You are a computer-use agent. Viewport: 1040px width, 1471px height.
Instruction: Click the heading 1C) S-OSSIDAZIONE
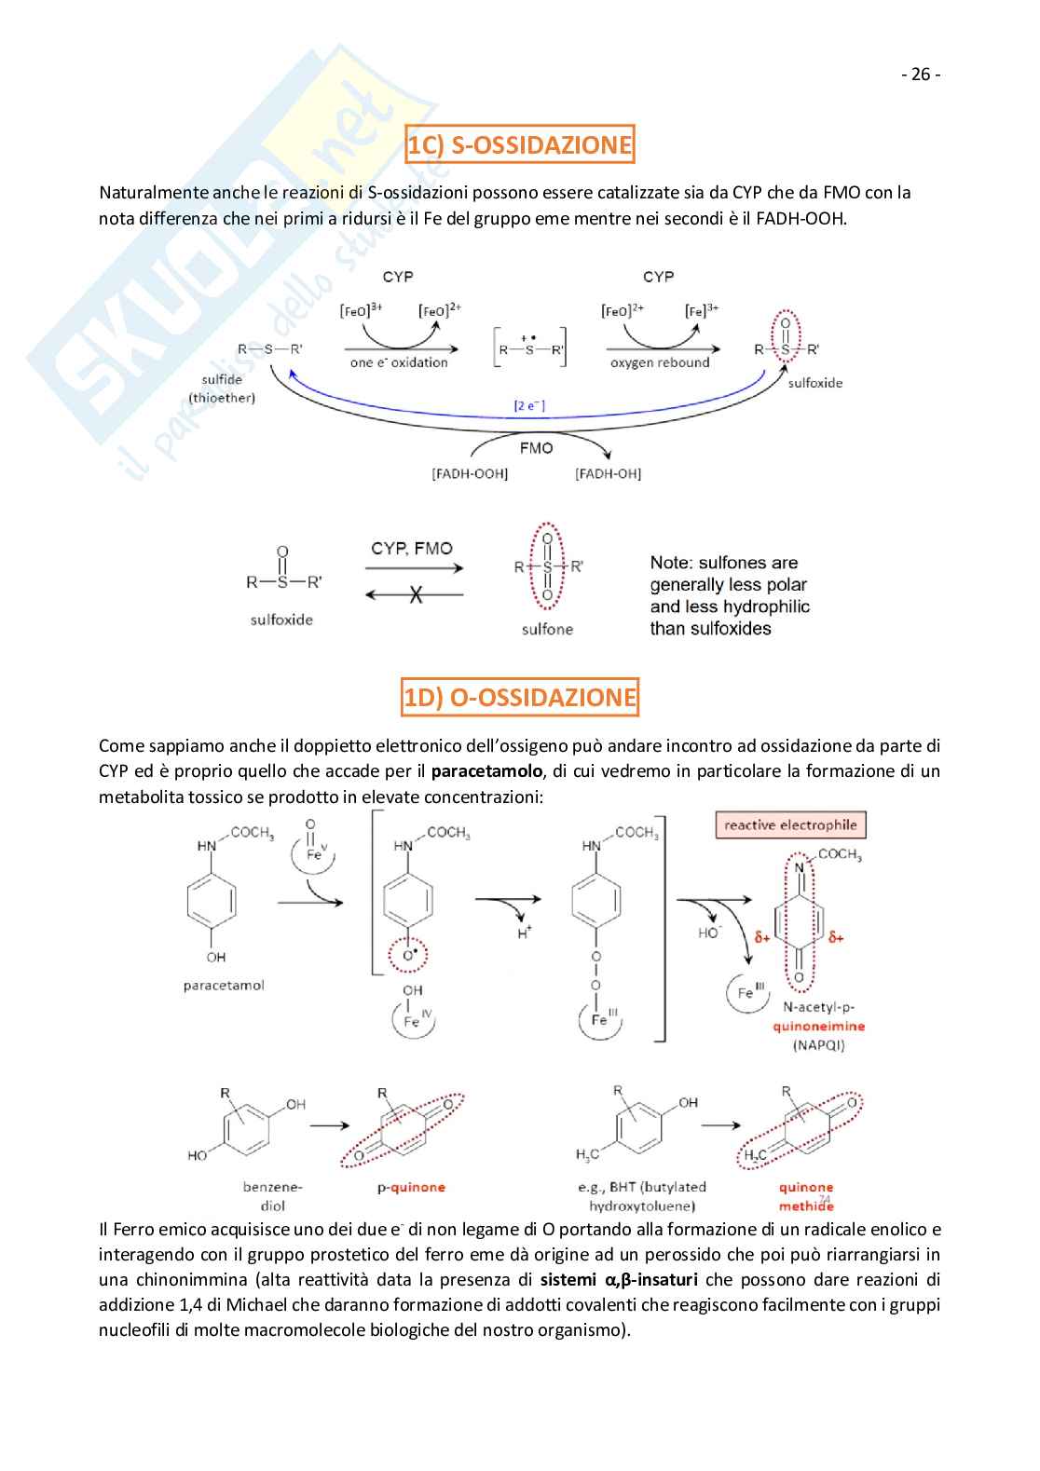[519, 144]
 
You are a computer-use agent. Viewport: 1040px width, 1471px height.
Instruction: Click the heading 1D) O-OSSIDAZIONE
[519, 697]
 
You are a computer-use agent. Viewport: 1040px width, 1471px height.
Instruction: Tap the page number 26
[921, 75]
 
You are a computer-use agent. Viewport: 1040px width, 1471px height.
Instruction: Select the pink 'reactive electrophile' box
[790, 824]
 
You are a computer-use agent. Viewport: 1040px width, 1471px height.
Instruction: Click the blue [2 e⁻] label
[529, 405]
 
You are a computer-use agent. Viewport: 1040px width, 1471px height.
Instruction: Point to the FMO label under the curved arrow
[536, 448]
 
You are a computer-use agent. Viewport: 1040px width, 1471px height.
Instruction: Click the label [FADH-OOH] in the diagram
[470, 473]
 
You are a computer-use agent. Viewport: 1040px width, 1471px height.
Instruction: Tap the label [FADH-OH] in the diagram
[608, 473]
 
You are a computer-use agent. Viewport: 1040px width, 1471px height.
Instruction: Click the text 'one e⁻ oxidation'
[399, 362]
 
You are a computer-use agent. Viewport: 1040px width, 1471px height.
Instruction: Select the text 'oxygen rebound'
[660, 362]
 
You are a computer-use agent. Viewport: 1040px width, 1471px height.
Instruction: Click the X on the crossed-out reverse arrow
[416, 594]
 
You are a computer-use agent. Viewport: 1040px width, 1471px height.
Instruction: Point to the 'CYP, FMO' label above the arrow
[411, 549]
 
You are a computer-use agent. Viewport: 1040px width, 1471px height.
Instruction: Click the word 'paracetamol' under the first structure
[224, 986]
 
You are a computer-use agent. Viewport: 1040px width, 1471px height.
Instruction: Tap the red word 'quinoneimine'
[818, 1026]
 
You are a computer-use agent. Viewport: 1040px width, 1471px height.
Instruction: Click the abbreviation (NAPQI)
[818, 1044]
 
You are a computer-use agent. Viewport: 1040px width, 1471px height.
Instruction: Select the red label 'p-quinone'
[411, 1187]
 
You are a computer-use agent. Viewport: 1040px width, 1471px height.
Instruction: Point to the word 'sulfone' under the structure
[547, 630]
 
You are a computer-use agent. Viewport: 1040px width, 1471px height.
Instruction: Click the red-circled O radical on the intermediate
[407, 954]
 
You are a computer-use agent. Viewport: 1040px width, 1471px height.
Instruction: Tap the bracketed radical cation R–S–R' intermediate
[529, 348]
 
